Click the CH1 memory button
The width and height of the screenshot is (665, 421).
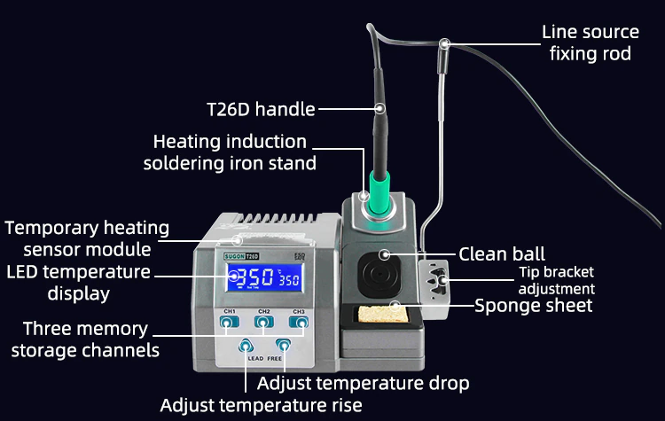[229, 323]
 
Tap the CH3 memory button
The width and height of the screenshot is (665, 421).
[299, 323]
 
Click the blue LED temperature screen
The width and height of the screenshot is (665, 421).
[264, 277]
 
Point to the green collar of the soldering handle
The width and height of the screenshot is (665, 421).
[379, 193]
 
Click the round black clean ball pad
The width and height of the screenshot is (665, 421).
[379, 274]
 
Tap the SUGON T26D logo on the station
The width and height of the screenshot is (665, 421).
[241, 256]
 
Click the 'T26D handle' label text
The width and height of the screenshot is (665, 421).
[261, 109]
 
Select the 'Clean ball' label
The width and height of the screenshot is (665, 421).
[502, 254]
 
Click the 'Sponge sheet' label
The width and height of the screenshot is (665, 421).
[533, 305]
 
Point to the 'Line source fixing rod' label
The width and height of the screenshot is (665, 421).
[591, 43]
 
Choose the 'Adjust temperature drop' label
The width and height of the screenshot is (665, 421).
[363, 383]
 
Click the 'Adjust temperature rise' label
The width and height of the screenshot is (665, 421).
[261, 405]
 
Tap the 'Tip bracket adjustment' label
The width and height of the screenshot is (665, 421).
[557, 280]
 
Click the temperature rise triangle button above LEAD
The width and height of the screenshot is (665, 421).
[246, 346]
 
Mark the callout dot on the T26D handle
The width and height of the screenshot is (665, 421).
[380, 109]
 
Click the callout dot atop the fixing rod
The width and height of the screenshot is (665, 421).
[444, 43]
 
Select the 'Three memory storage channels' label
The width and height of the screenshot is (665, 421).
[85, 339]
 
